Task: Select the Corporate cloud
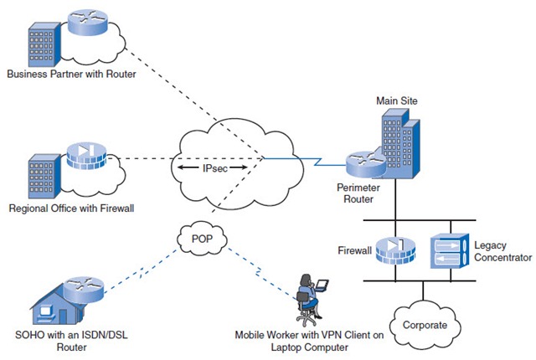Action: pyautogui.click(x=423, y=324)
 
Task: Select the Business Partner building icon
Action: pyautogui.click(x=43, y=45)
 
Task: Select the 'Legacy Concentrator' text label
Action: pyautogui.click(x=502, y=251)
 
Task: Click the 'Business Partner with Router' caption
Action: pyautogui.click(x=71, y=74)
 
